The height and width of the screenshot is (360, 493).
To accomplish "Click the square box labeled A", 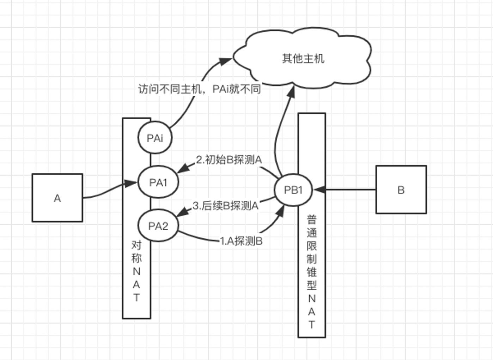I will (57, 198).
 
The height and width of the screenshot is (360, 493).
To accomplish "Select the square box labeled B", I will (401, 190).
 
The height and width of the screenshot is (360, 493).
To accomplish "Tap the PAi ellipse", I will (155, 138).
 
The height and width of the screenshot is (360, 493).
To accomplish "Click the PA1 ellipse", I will (158, 182).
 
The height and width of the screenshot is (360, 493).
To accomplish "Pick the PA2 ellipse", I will (158, 226).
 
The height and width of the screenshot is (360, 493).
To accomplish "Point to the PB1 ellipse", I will (293, 190).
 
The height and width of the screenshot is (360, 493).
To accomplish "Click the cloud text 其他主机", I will (303, 58).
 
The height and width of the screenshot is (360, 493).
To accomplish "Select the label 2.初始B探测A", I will (229, 160).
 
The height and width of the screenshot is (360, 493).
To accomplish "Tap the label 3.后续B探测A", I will (226, 205).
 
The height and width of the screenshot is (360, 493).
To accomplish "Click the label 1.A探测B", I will (241, 241).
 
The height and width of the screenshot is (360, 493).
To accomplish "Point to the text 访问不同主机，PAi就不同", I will (199, 89).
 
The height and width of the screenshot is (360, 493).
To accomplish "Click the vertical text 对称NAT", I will (136, 271).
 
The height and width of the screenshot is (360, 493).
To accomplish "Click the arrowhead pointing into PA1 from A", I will (132, 183).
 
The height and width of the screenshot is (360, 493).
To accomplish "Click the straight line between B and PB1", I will (349, 190).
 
